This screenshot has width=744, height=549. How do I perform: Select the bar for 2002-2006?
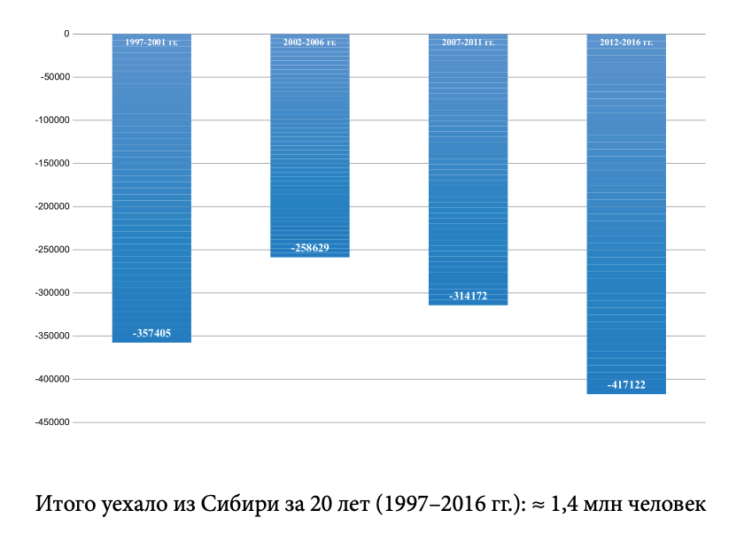click(x=310, y=142)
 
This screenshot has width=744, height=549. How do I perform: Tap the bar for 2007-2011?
click(x=468, y=168)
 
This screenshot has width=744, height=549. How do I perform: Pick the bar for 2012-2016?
click(x=626, y=213)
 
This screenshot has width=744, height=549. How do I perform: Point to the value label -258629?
click(x=310, y=248)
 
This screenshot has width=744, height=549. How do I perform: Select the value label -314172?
click(x=468, y=296)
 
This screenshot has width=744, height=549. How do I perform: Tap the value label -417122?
click(x=626, y=385)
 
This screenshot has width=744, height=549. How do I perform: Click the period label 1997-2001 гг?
click(x=151, y=43)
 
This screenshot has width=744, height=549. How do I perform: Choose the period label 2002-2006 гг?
click(x=310, y=43)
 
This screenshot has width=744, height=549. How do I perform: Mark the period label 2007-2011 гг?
click(x=468, y=43)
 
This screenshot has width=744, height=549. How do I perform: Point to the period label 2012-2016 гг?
click(x=626, y=43)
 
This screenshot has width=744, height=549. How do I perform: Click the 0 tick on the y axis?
click(x=66, y=34)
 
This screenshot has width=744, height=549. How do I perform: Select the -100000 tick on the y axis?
click(x=50, y=120)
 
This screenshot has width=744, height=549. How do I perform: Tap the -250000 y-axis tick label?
click(x=50, y=250)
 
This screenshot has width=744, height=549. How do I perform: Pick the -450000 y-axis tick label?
click(x=50, y=422)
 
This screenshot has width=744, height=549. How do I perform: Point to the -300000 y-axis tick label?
click(x=50, y=293)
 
